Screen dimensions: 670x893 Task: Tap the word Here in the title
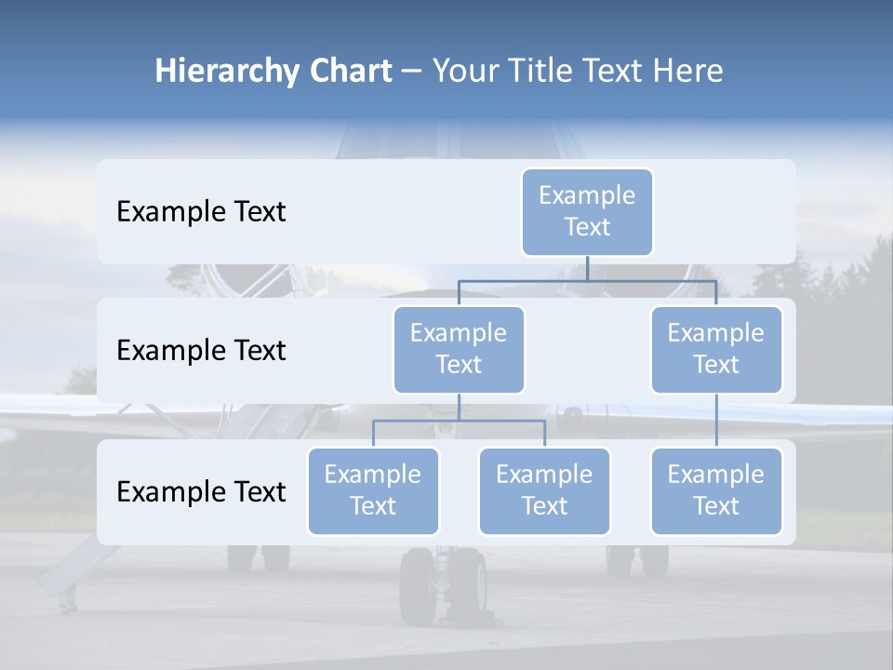click(689, 72)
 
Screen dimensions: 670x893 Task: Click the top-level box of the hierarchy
click(587, 211)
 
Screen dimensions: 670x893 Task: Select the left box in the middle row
click(459, 349)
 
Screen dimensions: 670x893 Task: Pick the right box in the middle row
click(716, 349)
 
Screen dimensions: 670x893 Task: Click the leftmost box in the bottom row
click(373, 490)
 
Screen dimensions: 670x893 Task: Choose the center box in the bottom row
click(544, 490)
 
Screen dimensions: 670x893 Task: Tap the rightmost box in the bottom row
click(716, 490)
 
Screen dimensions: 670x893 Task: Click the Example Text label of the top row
click(201, 212)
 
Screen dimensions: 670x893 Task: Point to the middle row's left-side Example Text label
click(201, 351)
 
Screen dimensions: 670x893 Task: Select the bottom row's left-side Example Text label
click(201, 491)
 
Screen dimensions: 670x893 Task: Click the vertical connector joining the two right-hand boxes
click(716, 421)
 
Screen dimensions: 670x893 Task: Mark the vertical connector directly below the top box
click(587, 268)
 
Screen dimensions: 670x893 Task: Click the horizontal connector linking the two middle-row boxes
click(587, 280)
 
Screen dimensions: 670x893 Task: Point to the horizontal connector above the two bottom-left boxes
click(459, 421)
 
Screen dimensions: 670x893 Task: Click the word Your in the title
click(466, 72)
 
